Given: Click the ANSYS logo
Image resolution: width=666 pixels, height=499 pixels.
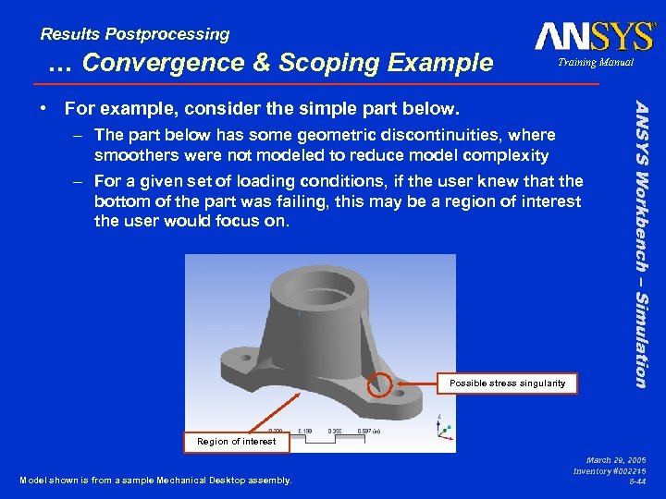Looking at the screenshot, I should pyautogui.click(x=594, y=37).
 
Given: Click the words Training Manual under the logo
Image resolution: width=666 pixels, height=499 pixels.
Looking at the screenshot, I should pyautogui.click(x=594, y=63).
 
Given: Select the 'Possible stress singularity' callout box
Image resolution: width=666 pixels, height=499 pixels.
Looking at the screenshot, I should pyautogui.click(x=507, y=383).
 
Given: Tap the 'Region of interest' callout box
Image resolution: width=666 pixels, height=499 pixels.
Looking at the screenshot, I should pyautogui.click(x=236, y=442).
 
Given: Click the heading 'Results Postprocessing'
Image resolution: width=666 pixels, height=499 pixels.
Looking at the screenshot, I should pyautogui.click(x=135, y=34).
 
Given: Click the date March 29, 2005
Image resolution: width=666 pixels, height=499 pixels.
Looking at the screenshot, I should pyautogui.click(x=616, y=459).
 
